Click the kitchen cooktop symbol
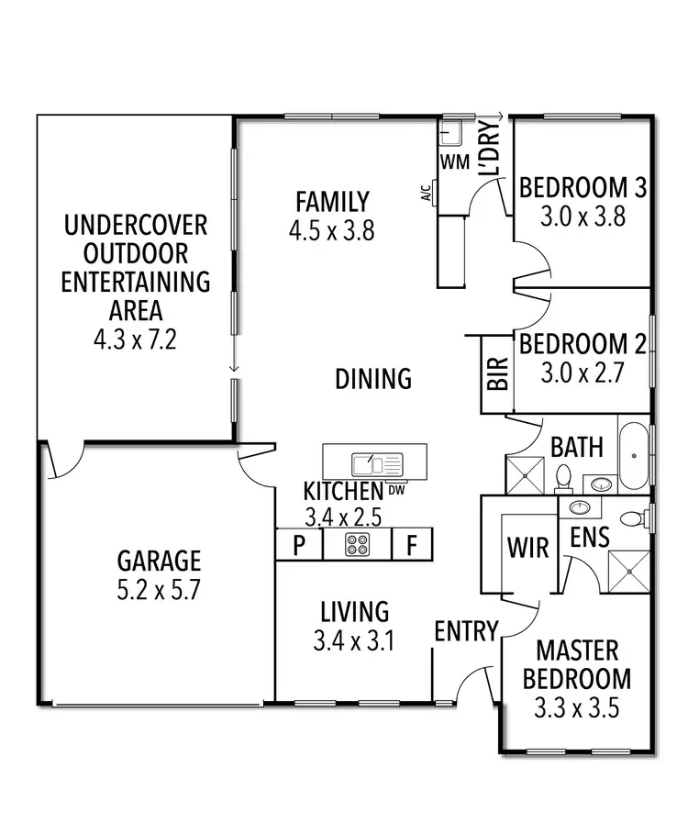pyautogui.click(x=357, y=545)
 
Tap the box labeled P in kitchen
pyautogui.click(x=299, y=546)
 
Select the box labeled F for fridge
pyautogui.click(x=413, y=546)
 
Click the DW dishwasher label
pyautogui.click(x=396, y=489)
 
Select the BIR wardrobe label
pyautogui.click(x=496, y=376)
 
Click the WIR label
pyautogui.click(x=528, y=548)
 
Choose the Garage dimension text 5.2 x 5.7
pyautogui.click(x=158, y=589)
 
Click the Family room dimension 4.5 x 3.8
pyautogui.click(x=331, y=229)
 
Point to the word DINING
pyautogui.click(x=372, y=378)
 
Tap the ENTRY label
pyautogui.click(x=466, y=631)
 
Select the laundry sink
pyautogui.click(x=450, y=135)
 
